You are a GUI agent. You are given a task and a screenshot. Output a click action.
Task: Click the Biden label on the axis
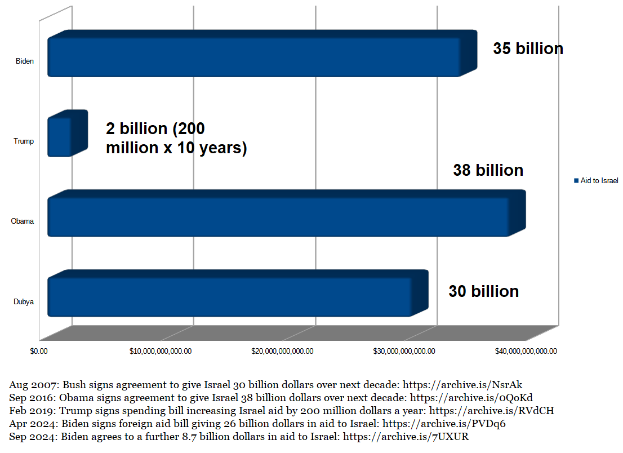pos(24,61)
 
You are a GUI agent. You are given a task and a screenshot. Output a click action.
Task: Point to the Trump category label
pos(24,141)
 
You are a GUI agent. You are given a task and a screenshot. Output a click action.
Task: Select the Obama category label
pos(23,221)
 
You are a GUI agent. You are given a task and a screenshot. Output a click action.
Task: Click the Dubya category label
pos(24,301)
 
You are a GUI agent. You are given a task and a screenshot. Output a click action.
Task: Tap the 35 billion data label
pos(528,48)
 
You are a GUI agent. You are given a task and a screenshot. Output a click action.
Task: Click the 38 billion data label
pos(488,170)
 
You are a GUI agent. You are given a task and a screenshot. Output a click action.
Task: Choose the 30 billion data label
pos(483,291)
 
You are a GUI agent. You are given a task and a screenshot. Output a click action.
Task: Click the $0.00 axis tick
pos(39,351)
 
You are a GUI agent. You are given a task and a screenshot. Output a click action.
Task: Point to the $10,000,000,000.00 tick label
pos(161,351)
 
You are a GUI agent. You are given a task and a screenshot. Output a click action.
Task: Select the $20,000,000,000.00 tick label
pos(282,351)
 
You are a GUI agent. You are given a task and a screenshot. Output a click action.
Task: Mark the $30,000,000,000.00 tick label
pos(404,351)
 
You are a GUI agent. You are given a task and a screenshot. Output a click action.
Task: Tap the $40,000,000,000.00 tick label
pos(526,351)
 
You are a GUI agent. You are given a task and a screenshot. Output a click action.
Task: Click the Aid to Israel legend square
pos(576,181)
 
